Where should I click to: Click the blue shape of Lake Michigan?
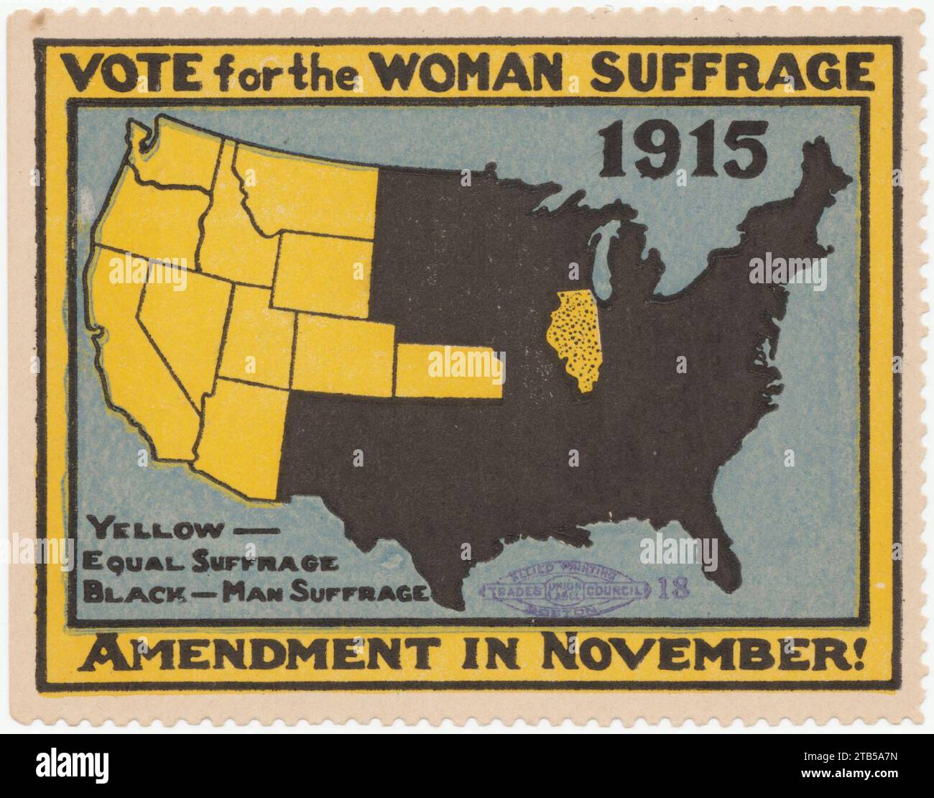pos(607,259)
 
